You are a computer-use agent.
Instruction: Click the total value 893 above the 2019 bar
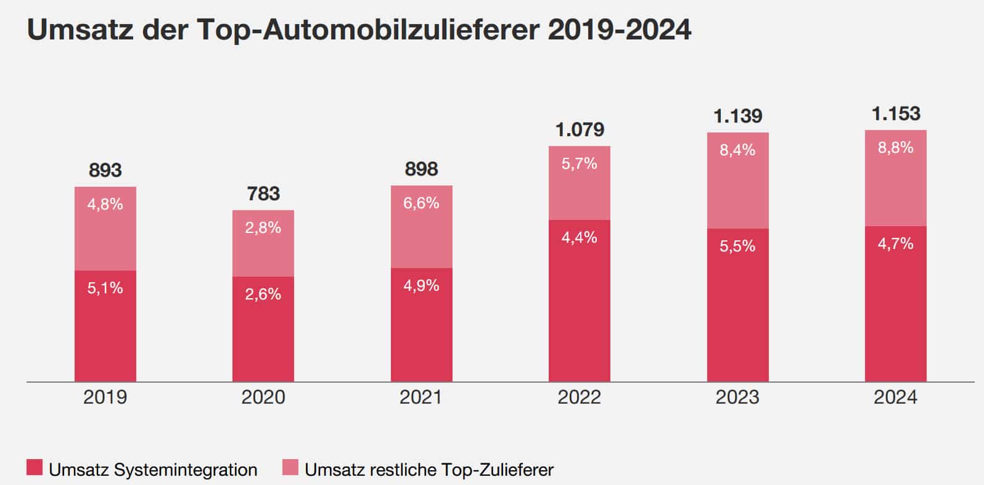tap(105, 169)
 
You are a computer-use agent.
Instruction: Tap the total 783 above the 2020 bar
tap(263, 194)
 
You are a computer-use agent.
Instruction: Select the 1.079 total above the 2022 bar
tap(580, 129)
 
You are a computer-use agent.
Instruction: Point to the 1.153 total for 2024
tap(896, 113)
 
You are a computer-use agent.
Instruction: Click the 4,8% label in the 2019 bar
tap(105, 204)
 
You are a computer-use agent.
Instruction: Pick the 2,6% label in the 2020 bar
tap(263, 294)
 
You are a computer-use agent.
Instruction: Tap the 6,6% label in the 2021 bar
tap(421, 203)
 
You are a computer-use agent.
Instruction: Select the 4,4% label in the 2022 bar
tap(580, 237)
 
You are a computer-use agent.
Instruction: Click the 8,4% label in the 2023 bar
tap(737, 150)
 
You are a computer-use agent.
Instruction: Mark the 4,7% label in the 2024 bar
tap(896, 243)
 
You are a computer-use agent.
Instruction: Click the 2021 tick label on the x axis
tap(421, 397)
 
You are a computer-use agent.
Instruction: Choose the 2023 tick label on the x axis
tap(737, 397)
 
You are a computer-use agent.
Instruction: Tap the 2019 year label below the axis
tap(105, 397)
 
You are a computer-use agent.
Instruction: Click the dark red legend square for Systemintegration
tap(35, 468)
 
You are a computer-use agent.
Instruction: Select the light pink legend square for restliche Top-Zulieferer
tap(290, 468)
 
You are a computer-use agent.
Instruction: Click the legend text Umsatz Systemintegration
tap(153, 470)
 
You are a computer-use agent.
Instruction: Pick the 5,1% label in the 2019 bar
tap(105, 288)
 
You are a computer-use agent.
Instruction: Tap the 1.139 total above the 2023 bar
tap(737, 116)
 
